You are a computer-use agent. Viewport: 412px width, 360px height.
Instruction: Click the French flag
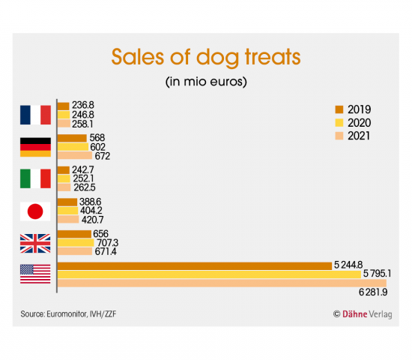point(35,115)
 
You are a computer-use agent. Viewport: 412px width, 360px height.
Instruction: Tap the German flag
point(35,147)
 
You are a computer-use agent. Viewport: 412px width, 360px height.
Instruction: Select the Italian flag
point(35,178)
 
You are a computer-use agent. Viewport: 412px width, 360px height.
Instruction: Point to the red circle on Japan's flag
point(35,211)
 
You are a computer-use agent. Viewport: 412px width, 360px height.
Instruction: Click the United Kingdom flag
point(35,244)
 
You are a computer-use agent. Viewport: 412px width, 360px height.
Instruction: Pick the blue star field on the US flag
point(27,269)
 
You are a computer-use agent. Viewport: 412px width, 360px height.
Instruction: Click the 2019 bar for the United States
point(195,266)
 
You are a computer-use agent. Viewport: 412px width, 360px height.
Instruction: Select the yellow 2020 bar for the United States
point(209,274)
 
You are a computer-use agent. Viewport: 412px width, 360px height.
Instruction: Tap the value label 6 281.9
point(373,292)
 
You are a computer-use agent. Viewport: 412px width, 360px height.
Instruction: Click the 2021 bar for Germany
point(75,155)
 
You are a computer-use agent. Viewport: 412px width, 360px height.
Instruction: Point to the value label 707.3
point(108,243)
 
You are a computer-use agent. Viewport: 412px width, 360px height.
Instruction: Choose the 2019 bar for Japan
point(67,202)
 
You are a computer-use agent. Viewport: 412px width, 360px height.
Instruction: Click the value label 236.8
point(83,105)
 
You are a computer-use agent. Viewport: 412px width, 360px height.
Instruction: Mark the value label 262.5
point(85,187)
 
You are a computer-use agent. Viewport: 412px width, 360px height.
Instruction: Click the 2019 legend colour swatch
point(339,109)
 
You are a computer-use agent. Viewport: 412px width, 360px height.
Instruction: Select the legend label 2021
point(359,136)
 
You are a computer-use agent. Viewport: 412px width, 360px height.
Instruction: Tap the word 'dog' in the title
point(218,58)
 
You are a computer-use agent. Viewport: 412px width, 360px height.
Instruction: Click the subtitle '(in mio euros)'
point(206,82)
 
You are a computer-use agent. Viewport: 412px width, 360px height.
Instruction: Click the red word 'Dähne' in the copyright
point(355,314)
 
